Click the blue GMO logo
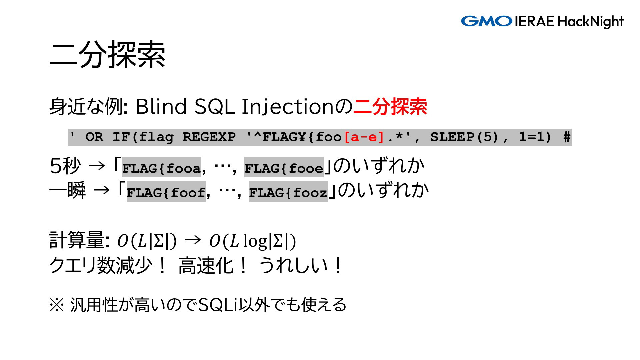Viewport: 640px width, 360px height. [x=487, y=21]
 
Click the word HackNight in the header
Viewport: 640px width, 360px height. [x=590, y=22]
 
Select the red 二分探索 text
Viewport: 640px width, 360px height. [x=390, y=107]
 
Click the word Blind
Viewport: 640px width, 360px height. [x=161, y=107]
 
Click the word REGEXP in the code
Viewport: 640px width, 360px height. [x=209, y=137]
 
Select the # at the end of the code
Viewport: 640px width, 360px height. [x=567, y=137]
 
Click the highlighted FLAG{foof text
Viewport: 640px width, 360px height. [x=166, y=192]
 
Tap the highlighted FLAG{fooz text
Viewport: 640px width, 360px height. [x=288, y=192]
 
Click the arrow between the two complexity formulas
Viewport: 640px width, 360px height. [x=193, y=240]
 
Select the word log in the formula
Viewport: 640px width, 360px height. [x=255, y=241]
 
